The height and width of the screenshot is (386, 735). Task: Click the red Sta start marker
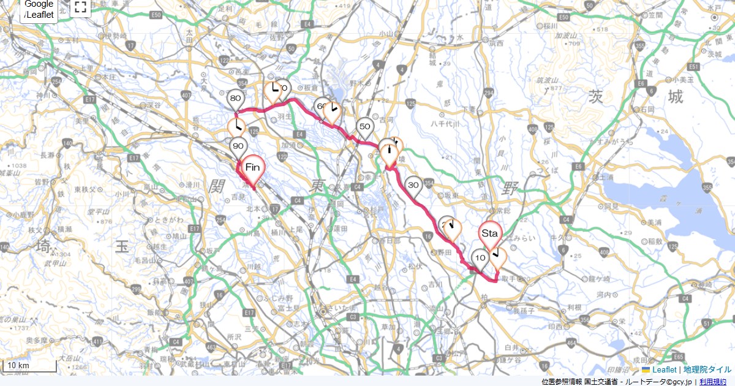coord(490,234)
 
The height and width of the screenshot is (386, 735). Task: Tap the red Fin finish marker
coord(254,167)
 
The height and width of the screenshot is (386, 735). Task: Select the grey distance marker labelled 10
coord(480,259)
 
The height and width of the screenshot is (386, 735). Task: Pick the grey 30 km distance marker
coord(413,185)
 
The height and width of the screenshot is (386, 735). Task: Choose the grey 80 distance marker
coord(235,99)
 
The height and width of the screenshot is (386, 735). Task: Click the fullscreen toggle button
coord(80,7)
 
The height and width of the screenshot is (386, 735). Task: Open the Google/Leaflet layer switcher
coord(39,10)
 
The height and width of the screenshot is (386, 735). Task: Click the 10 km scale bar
coord(31,366)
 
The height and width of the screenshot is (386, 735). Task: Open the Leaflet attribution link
coord(664,370)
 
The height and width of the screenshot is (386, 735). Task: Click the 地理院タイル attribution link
coord(707,370)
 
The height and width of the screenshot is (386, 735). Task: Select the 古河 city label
coord(386,119)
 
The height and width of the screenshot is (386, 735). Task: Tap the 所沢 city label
coord(234,336)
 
